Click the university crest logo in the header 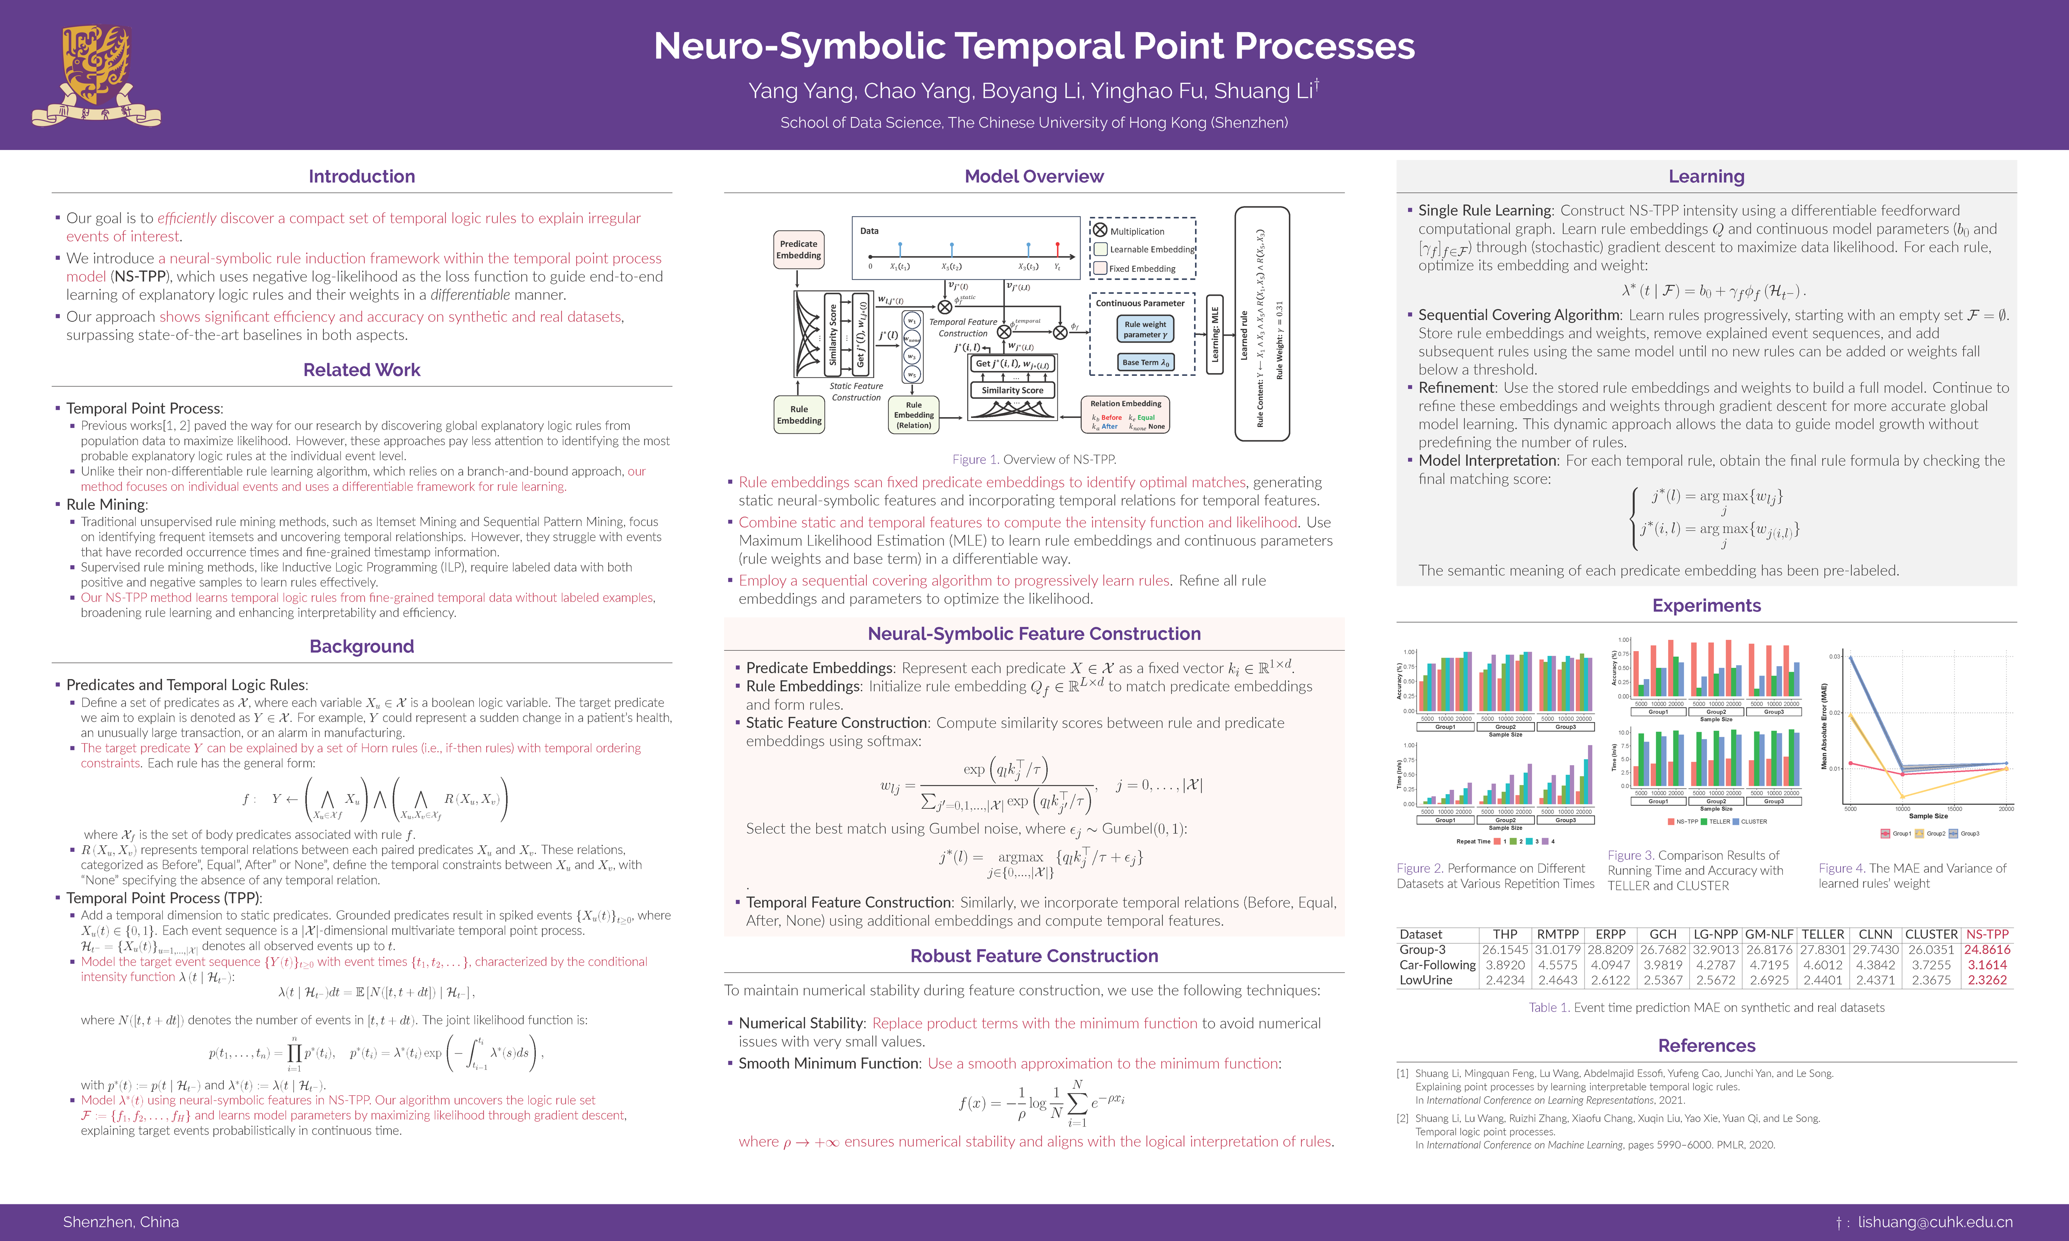[x=96, y=75]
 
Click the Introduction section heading [x=361, y=176]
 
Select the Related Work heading [x=361, y=370]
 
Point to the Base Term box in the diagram [x=1145, y=362]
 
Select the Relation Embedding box [x=1125, y=415]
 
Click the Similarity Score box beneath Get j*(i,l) [x=1012, y=390]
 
